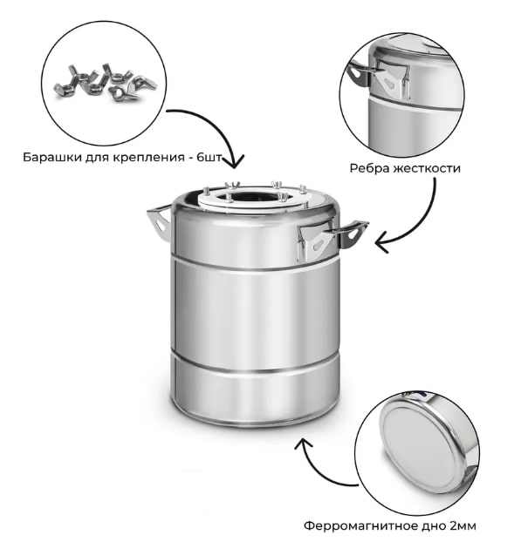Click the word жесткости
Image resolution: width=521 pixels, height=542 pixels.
pos(428,168)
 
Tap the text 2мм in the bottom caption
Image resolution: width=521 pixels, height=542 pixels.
pos(463,526)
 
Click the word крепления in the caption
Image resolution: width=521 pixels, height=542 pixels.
pos(148,158)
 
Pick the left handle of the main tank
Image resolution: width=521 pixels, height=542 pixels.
pos(160,221)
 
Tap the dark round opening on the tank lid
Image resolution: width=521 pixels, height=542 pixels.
pos(254,198)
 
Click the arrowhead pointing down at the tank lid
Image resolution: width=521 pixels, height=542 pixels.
pos(235,161)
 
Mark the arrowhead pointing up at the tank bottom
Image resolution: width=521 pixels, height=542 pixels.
pos(303,444)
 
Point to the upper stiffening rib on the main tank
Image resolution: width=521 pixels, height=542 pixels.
pos(256,264)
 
